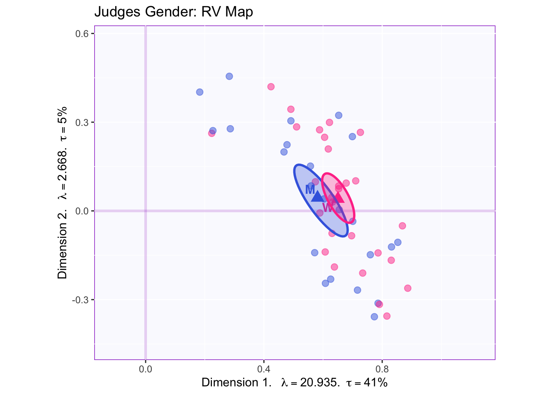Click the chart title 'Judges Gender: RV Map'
(x=173, y=12)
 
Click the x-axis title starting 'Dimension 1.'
(x=294, y=383)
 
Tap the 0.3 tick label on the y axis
(x=84, y=123)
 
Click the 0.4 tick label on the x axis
(x=264, y=369)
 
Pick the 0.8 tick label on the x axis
(x=382, y=369)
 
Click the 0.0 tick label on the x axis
(x=146, y=369)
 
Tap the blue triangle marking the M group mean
(x=318, y=197)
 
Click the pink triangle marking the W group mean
(x=338, y=197)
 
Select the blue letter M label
(x=310, y=190)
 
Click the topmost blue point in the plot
(x=229, y=76)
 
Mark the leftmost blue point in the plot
(x=200, y=92)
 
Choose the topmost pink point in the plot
(x=271, y=87)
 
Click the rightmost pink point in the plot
(x=408, y=288)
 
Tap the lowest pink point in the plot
(x=387, y=316)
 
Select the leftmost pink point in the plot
(x=211, y=133)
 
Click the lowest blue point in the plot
(x=374, y=316)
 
